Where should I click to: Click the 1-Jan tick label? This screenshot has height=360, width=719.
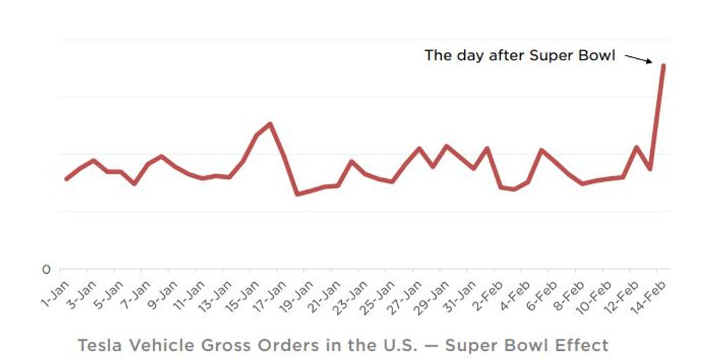[x=55, y=293]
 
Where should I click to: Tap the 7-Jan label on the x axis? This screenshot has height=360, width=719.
[x=136, y=293]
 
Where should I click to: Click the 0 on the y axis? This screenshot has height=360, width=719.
[x=46, y=269]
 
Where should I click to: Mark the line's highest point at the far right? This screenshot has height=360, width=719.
[x=664, y=65]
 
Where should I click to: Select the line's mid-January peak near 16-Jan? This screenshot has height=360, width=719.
[x=270, y=124]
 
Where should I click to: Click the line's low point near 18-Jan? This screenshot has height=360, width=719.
[x=297, y=194]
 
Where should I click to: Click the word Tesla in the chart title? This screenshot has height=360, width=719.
[x=99, y=345]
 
